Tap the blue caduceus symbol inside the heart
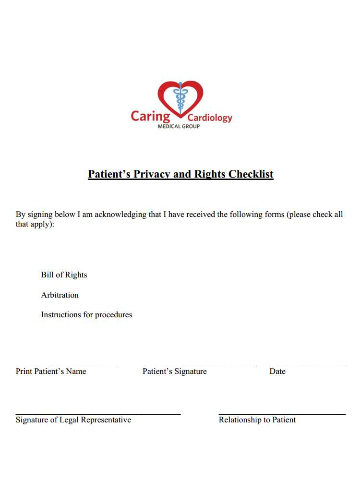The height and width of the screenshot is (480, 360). click(x=181, y=98)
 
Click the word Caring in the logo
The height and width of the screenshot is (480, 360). click(x=150, y=116)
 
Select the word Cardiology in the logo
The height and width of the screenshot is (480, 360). click(x=210, y=118)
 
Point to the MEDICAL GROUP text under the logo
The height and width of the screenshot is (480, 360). click(x=179, y=126)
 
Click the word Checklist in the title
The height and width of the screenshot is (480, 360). click(x=251, y=174)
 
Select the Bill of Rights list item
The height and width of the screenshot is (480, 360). click(x=64, y=275)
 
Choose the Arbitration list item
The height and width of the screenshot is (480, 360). click(x=60, y=295)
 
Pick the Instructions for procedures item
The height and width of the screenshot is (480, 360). click(x=86, y=315)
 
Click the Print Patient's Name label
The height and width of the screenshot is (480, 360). click(x=51, y=371)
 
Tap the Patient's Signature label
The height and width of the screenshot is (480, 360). click(x=175, y=371)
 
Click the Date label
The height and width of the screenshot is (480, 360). click(x=277, y=371)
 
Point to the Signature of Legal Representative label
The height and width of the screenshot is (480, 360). click(x=73, y=420)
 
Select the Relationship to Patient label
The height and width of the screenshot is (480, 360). click(x=257, y=420)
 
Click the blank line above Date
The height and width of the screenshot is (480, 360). click(x=307, y=366)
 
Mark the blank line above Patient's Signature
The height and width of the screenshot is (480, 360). click(x=199, y=366)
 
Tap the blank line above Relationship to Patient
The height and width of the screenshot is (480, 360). click(x=282, y=414)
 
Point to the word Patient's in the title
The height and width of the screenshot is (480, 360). click(x=109, y=174)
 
